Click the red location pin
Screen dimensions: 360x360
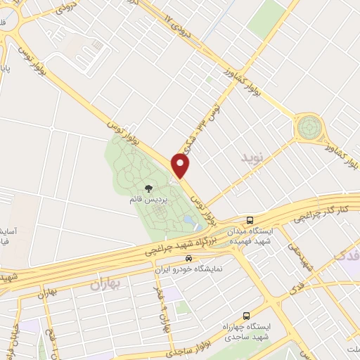point(181,165)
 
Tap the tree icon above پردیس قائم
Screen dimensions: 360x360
point(148,188)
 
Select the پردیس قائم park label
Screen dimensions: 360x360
point(149,200)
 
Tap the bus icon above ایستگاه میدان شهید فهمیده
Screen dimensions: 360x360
point(250,220)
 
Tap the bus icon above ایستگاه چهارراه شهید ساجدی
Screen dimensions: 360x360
point(245,316)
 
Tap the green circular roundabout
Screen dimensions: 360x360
point(308,128)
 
